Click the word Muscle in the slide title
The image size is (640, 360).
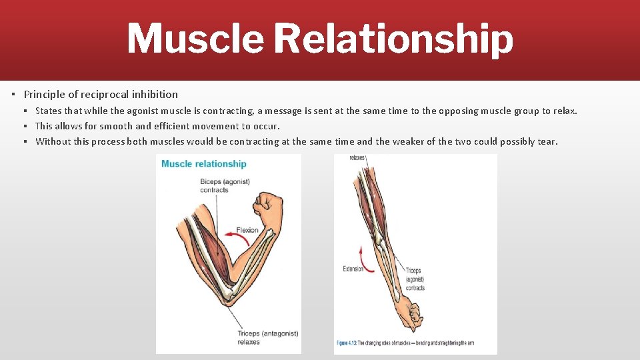pyautogui.click(x=195, y=38)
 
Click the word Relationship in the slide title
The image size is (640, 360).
pyautogui.click(x=393, y=39)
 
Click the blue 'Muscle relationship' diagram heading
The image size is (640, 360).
pyautogui.click(x=204, y=163)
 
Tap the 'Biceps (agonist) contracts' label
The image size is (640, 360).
pyautogui.click(x=224, y=185)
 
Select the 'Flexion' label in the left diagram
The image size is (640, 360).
pyautogui.click(x=247, y=231)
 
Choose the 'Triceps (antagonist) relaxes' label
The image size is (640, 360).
pyautogui.click(x=267, y=337)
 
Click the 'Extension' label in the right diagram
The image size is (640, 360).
pyautogui.click(x=353, y=269)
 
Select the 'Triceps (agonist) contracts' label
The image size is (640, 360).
pyautogui.click(x=415, y=279)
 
